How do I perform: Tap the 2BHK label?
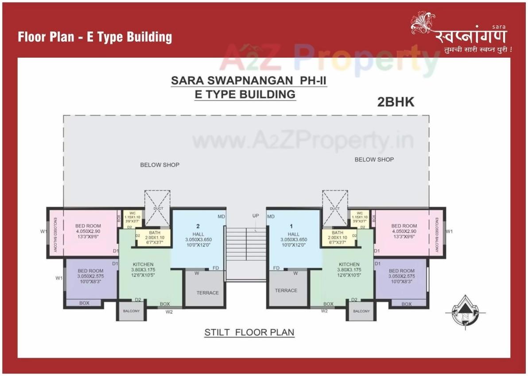pyautogui.click(x=396, y=102)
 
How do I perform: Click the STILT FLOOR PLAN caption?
pyautogui.click(x=249, y=332)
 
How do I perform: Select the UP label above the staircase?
pyautogui.click(x=256, y=216)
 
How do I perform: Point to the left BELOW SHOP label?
pyautogui.click(x=160, y=165)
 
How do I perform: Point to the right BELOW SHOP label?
pyautogui.click(x=374, y=160)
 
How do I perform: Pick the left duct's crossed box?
pyautogui.click(x=158, y=209)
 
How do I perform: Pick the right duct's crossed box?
pyautogui.click(x=335, y=209)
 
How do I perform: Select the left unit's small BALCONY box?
pyautogui.click(x=131, y=311)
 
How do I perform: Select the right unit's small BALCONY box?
pyautogui.click(x=361, y=311)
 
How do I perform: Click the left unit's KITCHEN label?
pyautogui.click(x=143, y=265)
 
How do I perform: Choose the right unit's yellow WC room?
pyautogui.click(x=360, y=216)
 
